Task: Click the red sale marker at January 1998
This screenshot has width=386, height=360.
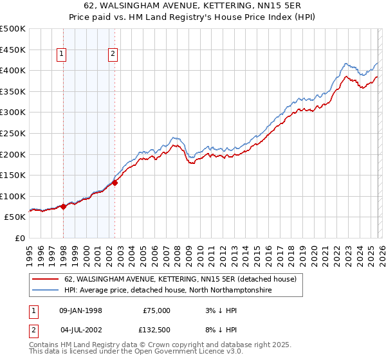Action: pyautogui.click(x=64, y=206)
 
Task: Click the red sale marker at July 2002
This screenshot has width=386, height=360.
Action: pyautogui.click(x=115, y=182)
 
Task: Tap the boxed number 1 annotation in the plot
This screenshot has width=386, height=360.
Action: pyautogui.click(x=62, y=55)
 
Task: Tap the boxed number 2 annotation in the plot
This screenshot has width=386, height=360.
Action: pyautogui.click(x=113, y=55)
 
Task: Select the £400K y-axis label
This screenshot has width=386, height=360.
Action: pyautogui.click(x=14, y=70)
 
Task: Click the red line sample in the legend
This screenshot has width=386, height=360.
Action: pyautogui.click(x=45, y=280)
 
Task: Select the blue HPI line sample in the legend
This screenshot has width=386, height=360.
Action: pyautogui.click(x=45, y=291)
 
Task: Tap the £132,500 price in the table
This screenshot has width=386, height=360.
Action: pyautogui.click(x=156, y=330)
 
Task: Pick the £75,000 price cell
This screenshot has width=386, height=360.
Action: pyautogui.click(x=156, y=310)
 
